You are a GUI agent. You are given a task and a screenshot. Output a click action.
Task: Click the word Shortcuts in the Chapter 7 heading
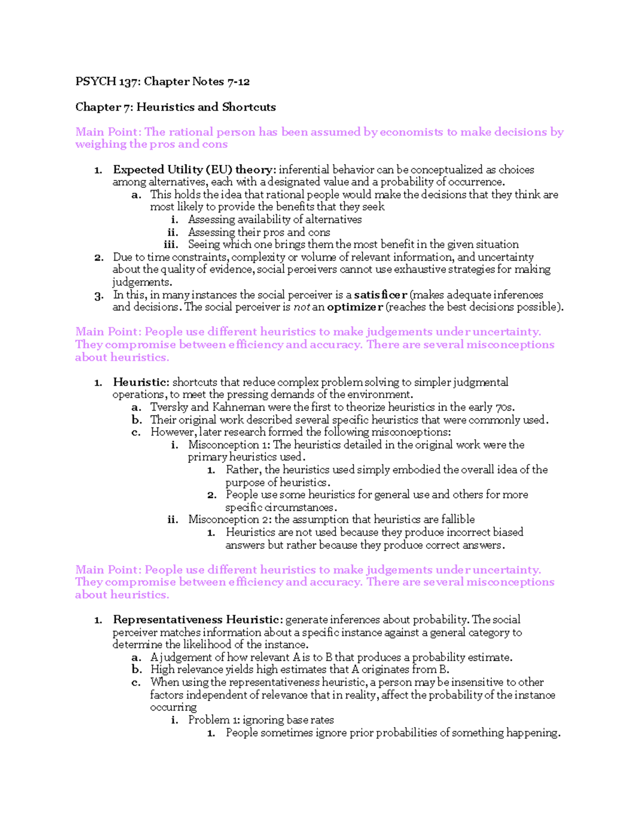click(249, 107)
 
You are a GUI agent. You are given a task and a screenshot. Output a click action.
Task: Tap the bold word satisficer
click(380, 295)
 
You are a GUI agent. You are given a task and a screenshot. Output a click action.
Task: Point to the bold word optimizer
click(355, 307)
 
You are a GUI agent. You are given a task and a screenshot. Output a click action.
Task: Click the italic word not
click(301, 307)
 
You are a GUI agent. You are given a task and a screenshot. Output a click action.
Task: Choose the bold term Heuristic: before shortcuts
click(141, 382)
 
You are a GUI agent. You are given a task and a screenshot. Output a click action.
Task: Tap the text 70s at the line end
click(505, 407)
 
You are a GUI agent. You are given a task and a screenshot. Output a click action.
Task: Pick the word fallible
click(458, 519)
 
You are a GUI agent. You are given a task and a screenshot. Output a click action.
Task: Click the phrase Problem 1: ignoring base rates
click(261, 720)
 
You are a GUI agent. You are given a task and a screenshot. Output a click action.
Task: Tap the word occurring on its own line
click(173, 707)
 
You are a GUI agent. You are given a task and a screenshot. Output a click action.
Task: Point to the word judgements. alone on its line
click(142, 282)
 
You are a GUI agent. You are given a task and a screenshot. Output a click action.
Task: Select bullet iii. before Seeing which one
click(171, 244)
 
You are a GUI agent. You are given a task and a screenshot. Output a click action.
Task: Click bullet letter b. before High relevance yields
click(137, 670)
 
